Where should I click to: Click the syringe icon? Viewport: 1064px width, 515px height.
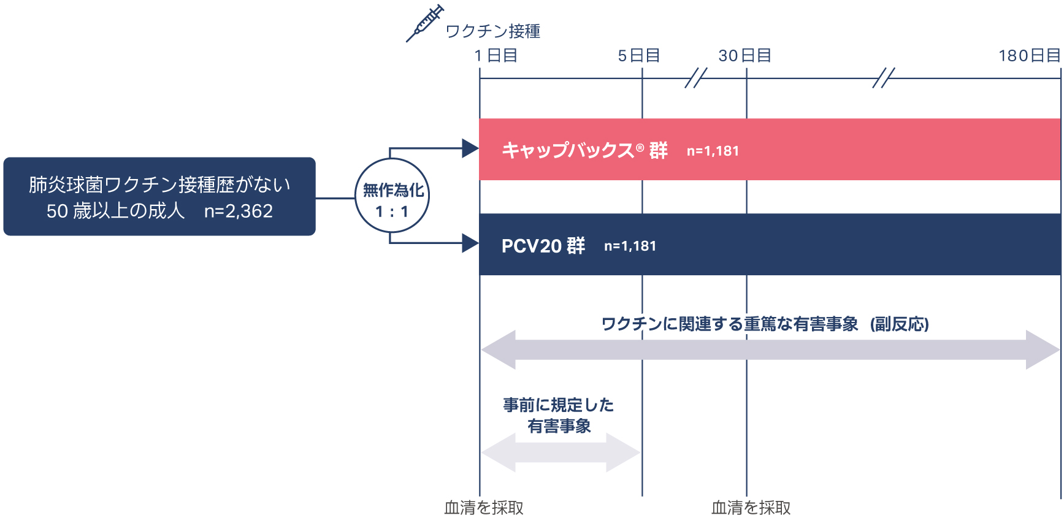click(424, 23)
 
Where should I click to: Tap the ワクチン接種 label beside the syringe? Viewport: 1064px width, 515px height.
click(492, 31)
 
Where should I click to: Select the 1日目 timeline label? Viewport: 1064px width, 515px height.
click(496, 56)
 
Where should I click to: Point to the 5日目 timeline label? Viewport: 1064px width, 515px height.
click(638, 56)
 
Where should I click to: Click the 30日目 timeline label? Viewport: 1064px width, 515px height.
click(744, 56)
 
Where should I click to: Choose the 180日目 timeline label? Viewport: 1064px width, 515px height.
click(1029, 56)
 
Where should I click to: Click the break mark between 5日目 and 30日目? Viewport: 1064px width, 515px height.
click(695, 78)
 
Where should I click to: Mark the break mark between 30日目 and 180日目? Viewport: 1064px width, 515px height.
click(883, 78)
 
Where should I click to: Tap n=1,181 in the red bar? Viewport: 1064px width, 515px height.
click(713, 151)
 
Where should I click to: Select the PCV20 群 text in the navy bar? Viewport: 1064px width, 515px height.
click(543, 246)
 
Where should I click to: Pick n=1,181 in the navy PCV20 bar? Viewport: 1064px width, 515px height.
click(630, 246)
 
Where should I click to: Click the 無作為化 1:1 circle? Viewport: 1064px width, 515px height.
click(392, 196)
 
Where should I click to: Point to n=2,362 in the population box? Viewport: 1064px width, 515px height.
click(238, 211)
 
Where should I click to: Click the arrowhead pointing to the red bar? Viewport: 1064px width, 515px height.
click(470, 148)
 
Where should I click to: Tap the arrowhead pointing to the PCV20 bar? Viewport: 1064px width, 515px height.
click(470, 243)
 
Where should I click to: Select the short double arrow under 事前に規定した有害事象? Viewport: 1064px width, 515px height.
click(561, 452)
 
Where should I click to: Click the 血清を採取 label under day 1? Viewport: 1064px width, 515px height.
click(484, 507)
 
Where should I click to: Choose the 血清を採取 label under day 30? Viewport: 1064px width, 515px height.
click(751, 507)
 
